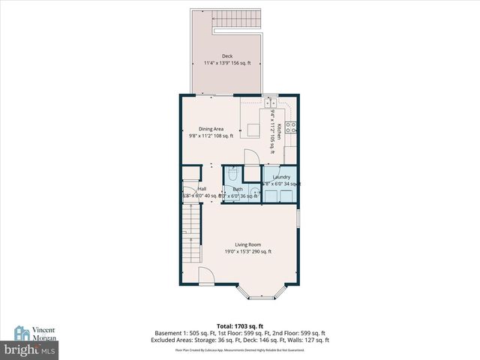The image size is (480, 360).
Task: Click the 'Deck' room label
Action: pyautogui.click(x=226, y=56)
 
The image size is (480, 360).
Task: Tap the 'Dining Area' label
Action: pyautogui.click(x=211, y=128)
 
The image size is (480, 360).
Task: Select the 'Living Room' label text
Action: pyautogui.click(x=247, y=244)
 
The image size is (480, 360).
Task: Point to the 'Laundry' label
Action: pyautogui.click(x=281, y=177)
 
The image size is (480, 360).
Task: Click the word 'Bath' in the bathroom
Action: pyautogui.click(x=238, y=189)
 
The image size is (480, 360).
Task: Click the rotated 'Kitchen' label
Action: pyautogui.click(x=279, y=132)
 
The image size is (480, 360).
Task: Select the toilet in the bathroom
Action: pyautogui.click(x=232, y=174)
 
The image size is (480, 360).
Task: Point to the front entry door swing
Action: pyautogui.click(x=211, y=277)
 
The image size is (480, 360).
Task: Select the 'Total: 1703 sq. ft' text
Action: pyautogui.click(x=240, y=325)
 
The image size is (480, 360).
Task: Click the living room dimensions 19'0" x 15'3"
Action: pyautogui.click(x=247, y=252)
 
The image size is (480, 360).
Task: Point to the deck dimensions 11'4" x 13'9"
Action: pyautogui.click(x=226, y=63)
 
